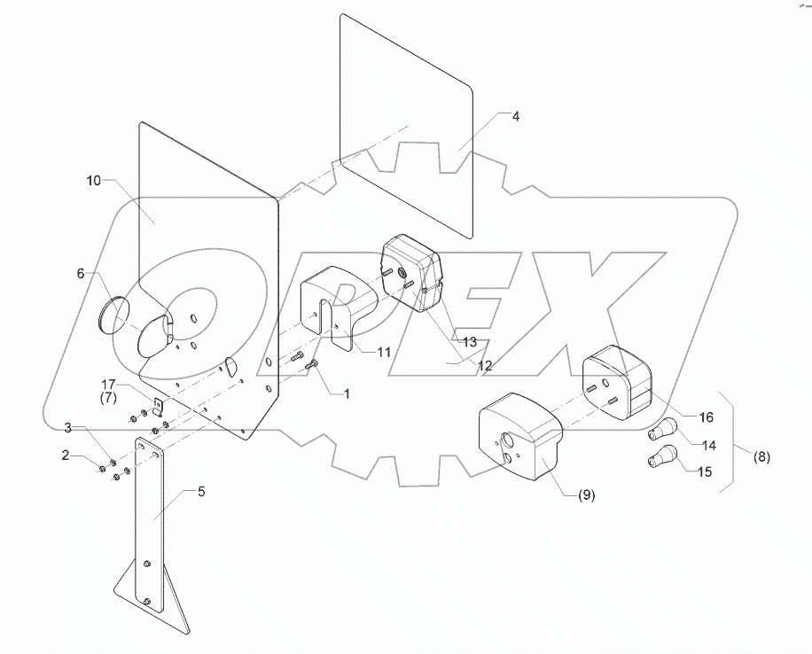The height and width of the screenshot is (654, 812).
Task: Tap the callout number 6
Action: point(81,275)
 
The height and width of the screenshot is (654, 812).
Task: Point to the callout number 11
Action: point(383,352)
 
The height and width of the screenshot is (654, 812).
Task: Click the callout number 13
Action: point(469,341)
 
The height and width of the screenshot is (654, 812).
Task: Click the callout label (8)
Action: point(761,457)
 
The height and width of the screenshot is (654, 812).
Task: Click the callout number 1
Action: point(347,393)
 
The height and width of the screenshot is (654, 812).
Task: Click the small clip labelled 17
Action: point(160,406)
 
